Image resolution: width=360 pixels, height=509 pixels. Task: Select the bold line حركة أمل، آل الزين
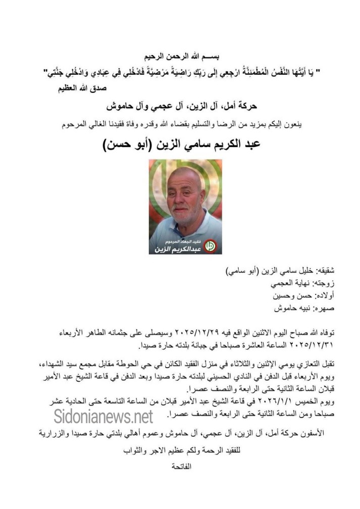click(x=180, y=107)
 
